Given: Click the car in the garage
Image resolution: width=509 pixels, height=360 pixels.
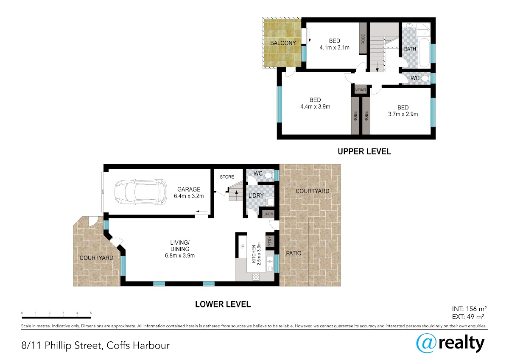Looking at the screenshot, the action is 141,192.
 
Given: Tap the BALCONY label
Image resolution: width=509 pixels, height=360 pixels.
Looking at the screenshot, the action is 283,43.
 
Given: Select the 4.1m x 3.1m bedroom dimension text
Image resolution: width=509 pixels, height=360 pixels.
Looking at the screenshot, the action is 334,47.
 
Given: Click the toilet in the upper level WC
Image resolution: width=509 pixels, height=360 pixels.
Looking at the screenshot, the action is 425,78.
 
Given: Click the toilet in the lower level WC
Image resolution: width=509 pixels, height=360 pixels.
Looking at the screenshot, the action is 269,175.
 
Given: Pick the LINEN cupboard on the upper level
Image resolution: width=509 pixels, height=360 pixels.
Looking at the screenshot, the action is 361,89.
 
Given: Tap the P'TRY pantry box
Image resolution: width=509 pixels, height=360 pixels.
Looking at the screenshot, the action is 270,241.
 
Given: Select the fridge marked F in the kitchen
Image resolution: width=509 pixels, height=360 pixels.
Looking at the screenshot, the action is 242,247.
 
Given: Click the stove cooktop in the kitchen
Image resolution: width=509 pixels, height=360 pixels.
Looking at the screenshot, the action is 256,277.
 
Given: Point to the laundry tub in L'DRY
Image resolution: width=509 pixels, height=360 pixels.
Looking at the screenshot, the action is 270,201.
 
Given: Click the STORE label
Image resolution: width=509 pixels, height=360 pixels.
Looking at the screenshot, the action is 227,177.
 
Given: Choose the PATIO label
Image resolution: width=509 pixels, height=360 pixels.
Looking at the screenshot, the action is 294,253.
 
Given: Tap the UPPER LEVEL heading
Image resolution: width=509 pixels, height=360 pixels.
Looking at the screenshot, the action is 364,151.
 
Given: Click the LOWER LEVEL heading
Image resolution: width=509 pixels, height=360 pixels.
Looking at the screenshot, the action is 223,304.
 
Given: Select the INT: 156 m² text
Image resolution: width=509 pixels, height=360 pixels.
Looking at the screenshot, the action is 469,309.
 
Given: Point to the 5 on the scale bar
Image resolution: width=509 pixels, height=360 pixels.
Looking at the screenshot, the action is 91,313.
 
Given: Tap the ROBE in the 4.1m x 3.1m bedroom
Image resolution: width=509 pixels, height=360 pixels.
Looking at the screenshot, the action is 363,39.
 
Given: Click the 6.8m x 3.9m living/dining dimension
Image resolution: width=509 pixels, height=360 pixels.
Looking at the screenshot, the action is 180,256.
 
